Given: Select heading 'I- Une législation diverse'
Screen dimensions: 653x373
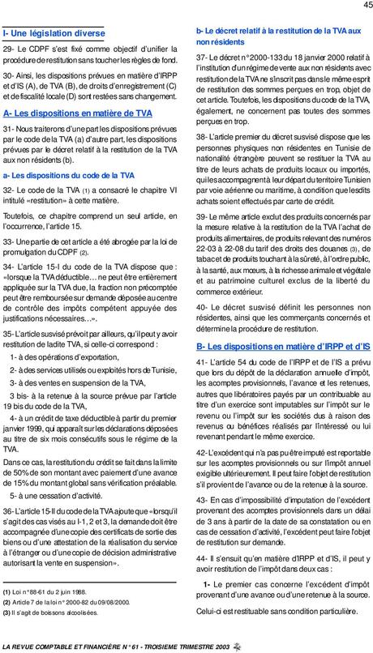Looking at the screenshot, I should point(54,34).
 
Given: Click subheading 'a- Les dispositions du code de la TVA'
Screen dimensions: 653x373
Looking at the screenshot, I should point(68,175).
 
